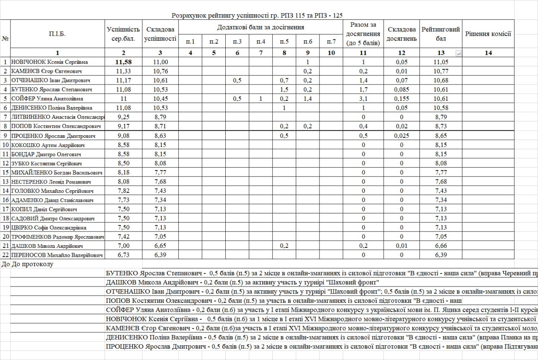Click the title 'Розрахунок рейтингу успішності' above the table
(223, 16)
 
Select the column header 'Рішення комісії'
(488, 34)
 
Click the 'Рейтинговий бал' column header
(440, 34)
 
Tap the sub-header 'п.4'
(261, 41)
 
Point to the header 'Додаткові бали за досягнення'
(261, 27)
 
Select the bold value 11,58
(124, 62)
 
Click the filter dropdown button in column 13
(458, 53)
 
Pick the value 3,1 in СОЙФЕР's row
(364, 99)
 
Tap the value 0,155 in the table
(401, 99)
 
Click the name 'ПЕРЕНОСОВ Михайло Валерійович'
(57, 255)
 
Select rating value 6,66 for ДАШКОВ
(441, 246)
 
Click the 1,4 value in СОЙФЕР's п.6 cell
(308, 99)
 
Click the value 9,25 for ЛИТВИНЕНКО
(124, 117)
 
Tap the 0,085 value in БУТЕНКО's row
(401, 89)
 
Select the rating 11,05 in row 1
(441, 62)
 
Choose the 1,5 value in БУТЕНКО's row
(284, 89)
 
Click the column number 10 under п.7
(331, 53)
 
